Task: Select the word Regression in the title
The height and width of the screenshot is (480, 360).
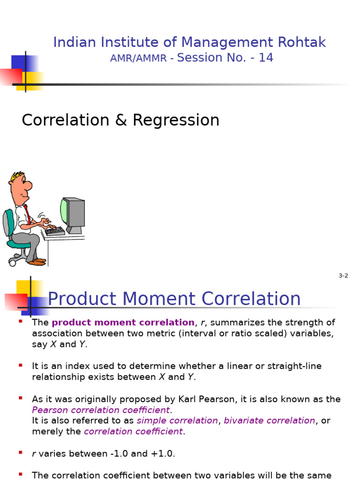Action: (x=176, y=120)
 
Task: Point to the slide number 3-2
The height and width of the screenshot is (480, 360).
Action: (x=343, y=276)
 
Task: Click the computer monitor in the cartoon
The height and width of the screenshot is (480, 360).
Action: (x=73, y=214)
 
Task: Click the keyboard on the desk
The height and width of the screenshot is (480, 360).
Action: (x=55, y=231)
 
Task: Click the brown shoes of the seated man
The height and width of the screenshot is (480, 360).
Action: (x=37, y=261)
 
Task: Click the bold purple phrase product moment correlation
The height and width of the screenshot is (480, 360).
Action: (x=123, y=322)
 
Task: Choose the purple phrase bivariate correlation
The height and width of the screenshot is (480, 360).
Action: (x=269, y=420)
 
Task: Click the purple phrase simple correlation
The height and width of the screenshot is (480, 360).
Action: (x=177, y=420)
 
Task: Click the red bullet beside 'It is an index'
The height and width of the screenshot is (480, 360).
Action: (x=20, y=365)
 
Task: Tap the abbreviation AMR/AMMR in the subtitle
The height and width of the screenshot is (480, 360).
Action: (x=138, y=59)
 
